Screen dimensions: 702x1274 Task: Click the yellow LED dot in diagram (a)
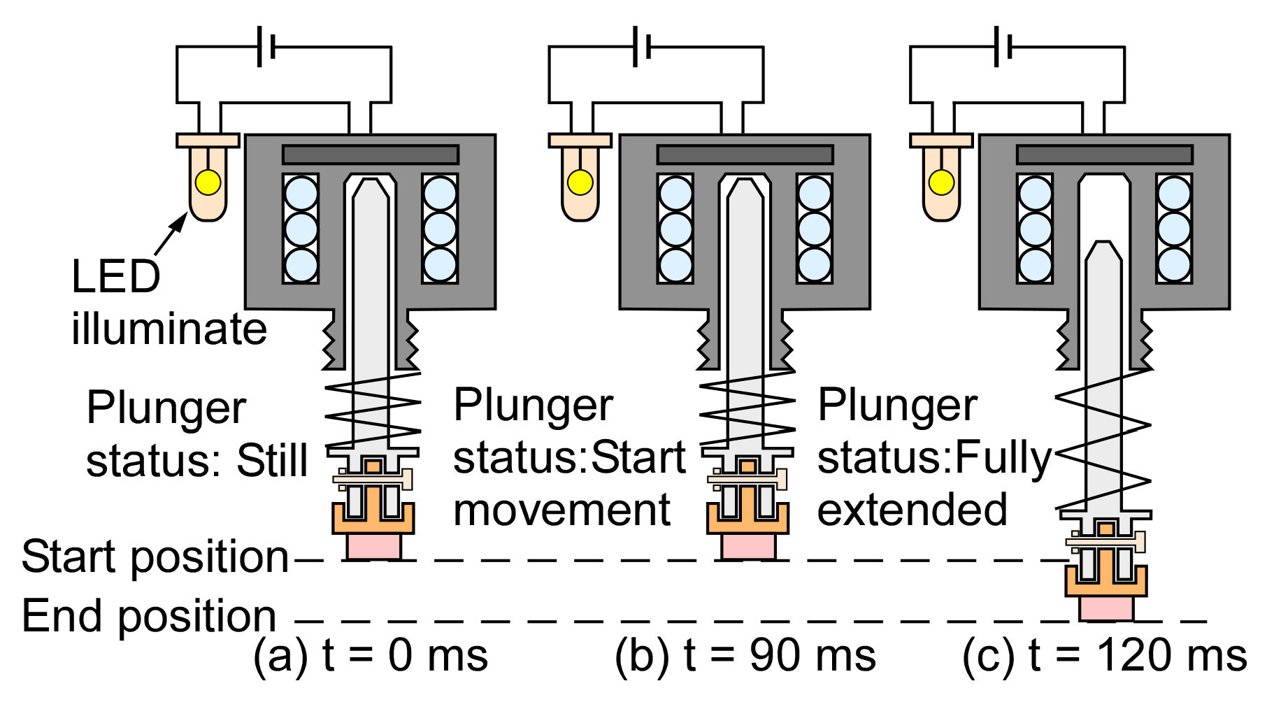pyautogui.click(x=208, y=182)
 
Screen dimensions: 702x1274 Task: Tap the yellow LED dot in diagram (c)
pyautogui.click(x=941, y=182)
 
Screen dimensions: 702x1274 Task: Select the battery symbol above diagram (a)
pyautogui.click(x=266, y=47)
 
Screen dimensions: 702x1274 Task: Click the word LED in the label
pyautogui.click(x=116, y=277)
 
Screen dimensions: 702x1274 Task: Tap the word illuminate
pyautogui.click(x=169, y=329)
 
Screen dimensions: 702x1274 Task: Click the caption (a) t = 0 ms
pyautogui.click(x=371, y=656)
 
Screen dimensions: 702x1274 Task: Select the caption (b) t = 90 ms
pyautogui.click(x=745, y=656)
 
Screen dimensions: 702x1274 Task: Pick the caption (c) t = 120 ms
pyautogui.click(x=1104, y=656)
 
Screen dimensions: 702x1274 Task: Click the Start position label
pyautogui.click(x=155, y=557)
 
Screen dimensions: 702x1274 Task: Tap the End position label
pyautogui.click(x=149, y=616)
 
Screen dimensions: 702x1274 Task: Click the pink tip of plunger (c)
pyautogui.click(x=1105, y=608)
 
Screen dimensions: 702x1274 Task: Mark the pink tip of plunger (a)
pyautogui.click(x=373, y=546)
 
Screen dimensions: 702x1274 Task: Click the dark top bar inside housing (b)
pyautogui.click(x=745, y=155)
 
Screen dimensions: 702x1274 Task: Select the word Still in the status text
pyautogui.click(x=272, y=461)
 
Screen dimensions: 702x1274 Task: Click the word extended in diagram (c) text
pyautogui.click(x=912, y=510)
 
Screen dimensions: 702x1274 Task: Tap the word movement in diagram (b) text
pyautogui.click(x=561, y=510)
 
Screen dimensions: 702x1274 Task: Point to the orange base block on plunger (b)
pyautogui.click(x=747, y=518)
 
